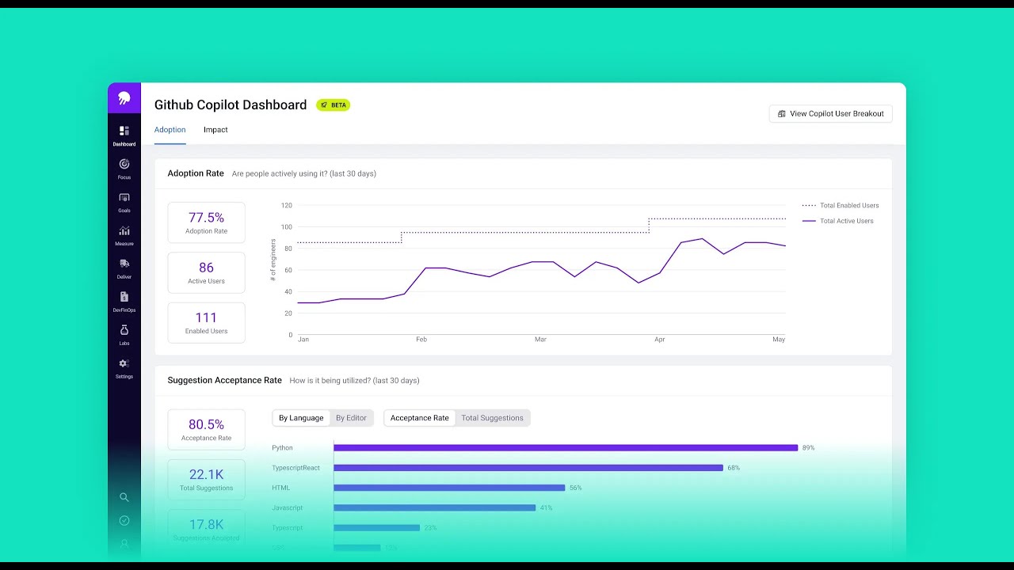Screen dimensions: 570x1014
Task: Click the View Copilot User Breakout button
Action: point(830,114)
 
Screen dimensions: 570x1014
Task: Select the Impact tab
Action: point(215,130)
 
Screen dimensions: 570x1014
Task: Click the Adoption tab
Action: point(170,130)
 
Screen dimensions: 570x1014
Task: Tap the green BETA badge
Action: point(334,105)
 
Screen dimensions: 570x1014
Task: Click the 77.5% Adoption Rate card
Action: point(206,222)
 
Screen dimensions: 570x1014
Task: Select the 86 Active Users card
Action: point(206,272)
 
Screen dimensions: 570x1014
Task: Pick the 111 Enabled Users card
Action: point(206,322)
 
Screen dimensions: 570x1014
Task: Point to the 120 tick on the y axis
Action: point(286,206)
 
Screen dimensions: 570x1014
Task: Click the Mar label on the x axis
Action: point(540,340)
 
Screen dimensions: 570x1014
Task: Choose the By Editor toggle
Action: point(351,418)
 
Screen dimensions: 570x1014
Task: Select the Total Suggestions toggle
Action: point(492,418)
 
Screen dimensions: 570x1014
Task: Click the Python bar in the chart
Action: point(565,448)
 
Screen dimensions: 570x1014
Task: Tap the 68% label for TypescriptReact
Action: point(734,468)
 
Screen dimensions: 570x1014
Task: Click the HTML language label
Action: point(281,488)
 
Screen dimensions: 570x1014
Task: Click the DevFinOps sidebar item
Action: point(124,302)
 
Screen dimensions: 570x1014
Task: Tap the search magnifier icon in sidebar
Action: point(124,497)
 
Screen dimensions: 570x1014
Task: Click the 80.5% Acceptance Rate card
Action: point(206,429)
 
